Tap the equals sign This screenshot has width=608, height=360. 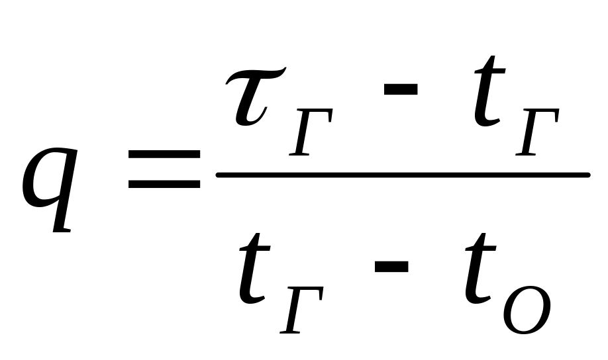(164, 169)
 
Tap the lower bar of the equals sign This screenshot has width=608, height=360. (164, 183)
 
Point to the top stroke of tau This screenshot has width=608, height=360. (258, 74)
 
